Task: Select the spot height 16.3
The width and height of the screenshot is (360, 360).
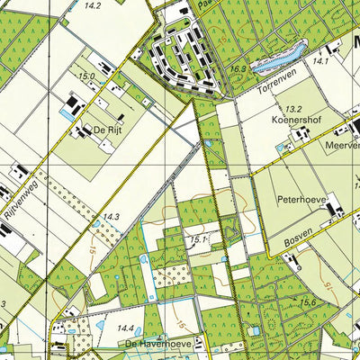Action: [x=238, y=68]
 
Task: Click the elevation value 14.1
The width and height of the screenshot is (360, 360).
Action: [x=321, y=61]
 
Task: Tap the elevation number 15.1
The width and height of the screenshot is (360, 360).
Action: [x=197, y=240]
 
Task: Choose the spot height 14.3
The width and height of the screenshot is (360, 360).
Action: [x=110, y=217]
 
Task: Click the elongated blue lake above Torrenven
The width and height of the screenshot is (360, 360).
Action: [x=274, y=62]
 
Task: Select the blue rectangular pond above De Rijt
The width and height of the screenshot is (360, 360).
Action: [x=68, y=115]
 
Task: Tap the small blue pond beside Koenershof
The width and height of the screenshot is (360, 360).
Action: [x=282, y=146]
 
